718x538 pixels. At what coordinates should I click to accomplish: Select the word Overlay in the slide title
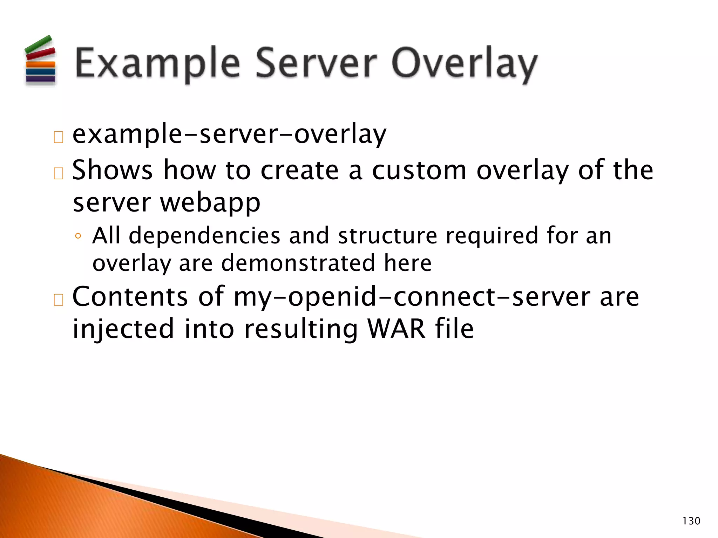pos(464,65)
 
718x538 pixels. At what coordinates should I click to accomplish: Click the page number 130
pos(691,521)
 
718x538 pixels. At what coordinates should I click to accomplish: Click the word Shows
pos(112,170)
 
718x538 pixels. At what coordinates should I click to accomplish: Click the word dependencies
pos(204,235)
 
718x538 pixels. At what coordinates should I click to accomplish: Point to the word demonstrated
pos(298,263)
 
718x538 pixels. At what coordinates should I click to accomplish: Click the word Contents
pos(130,297)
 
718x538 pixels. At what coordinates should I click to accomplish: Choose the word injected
pos(123,329)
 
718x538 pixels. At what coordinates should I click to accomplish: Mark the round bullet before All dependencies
pos(78,236)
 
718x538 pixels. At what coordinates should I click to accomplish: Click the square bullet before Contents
pos(58,300)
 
